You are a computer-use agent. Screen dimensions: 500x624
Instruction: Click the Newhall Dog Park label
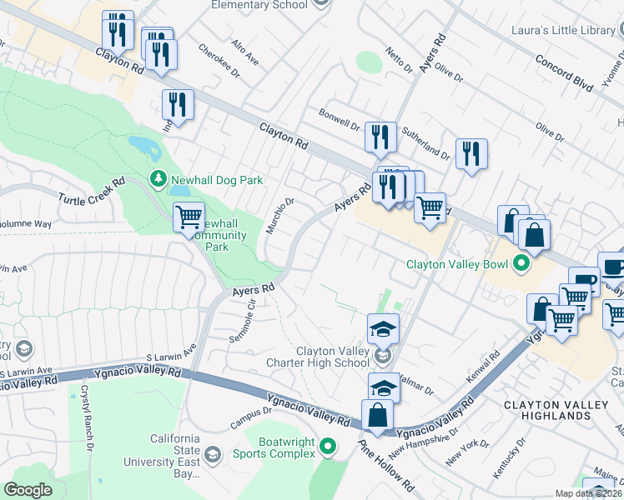click(217, 179)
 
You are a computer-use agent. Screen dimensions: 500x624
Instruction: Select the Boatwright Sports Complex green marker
click(328, 447)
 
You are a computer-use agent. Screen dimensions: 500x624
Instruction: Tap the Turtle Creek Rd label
click(91, 189)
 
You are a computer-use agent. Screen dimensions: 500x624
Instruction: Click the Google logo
click(28, 490)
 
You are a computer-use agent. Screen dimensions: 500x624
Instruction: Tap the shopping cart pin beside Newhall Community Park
click(189, 217)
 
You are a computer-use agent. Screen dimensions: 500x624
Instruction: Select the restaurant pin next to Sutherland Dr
click(471, 154)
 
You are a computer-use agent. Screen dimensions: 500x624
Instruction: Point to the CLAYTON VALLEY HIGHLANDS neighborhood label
click(559, 410)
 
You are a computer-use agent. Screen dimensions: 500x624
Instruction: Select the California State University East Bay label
click(174, 457)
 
